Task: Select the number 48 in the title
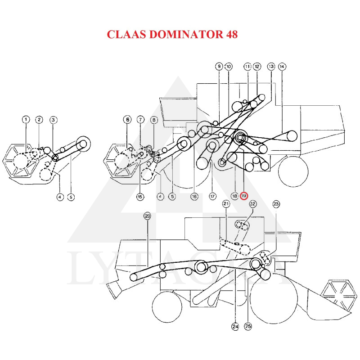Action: point(229,34)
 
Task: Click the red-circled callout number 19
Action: point(244,196)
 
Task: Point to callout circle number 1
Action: point(26,120)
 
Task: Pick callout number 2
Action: point(40,120)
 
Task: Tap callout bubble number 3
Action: point(53,120)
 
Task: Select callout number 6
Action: point(128,120)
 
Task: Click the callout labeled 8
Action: point(154,120)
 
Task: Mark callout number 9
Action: point(219,67)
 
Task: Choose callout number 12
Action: point(257,67)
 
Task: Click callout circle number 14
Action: point(282,67)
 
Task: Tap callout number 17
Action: point(212,196)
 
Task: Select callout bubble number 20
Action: point(147,216)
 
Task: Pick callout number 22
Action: point(253,204)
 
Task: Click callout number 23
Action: point(276,204)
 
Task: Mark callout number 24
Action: point(235,327)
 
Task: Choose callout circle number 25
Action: point(248,327)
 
